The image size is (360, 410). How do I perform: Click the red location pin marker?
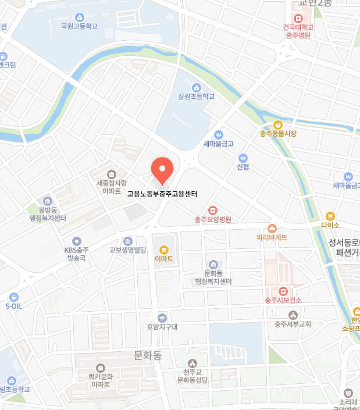coord(162,169)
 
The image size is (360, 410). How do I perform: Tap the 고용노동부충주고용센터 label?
coord(162,194)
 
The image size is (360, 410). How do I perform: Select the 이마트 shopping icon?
coord(163,249)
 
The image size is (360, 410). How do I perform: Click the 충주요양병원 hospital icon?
coord(213,210)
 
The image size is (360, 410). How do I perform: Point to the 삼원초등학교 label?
coord(197,97)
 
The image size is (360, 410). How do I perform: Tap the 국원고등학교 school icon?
coord(79,16)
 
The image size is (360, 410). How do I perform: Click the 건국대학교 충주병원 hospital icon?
coord(298,18)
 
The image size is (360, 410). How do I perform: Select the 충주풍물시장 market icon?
coord(278,124)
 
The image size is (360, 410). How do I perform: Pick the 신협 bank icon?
coord(243,158)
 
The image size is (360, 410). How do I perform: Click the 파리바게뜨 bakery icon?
coord(272,228)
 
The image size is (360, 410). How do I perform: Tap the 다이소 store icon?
coord(330,215)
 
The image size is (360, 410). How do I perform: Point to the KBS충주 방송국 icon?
coord(76,241)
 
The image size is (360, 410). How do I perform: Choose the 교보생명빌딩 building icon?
coord(127,241)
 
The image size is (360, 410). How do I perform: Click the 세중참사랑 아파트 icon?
coord(111,173)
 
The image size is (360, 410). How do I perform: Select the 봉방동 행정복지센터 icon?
coord(48,201)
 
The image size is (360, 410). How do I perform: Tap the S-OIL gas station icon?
coord(13,297)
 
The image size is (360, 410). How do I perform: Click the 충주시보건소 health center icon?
coord(283,290)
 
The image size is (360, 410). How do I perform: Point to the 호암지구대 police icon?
coord(162,318)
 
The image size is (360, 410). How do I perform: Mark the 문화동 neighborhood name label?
coord(147,355)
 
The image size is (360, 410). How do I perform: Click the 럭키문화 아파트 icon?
coord(101,368)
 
